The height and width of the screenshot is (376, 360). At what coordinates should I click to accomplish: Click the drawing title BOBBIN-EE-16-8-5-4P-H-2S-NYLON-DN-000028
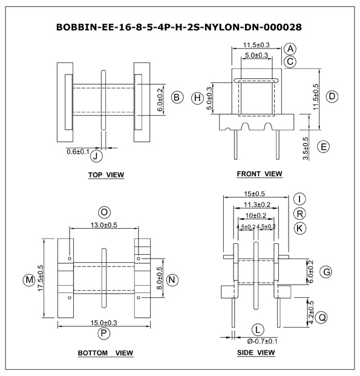[x=179, y=27]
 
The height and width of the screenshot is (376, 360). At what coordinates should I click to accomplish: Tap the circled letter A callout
[x=290, y=49]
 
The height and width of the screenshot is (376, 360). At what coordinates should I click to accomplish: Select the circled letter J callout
[x=96, y=156]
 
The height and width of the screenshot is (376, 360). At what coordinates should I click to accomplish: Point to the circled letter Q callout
[x=321, y=317]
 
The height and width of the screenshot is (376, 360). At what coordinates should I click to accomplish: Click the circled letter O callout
[x=104, y=213]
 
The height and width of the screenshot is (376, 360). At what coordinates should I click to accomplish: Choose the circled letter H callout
[x=197, y=98]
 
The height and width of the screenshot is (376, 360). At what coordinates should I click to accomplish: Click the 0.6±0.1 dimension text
[x=78, y=152]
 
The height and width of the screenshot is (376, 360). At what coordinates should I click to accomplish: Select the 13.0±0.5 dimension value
[x=104, y=225]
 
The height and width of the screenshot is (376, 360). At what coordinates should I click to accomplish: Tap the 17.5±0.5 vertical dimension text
[x=41, y=278]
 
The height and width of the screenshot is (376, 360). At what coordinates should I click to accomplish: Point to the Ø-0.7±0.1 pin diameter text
[x=263, y=341]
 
